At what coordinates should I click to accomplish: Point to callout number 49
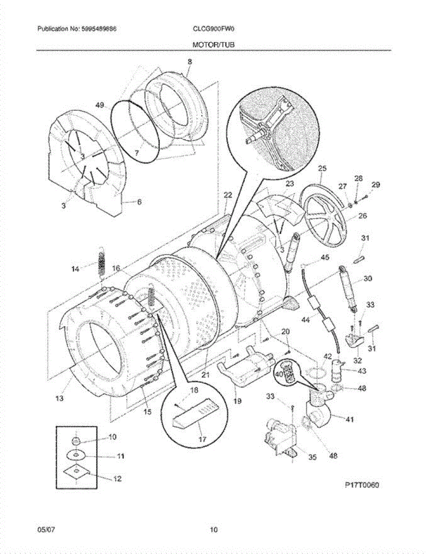100,105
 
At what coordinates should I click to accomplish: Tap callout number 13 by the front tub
60,398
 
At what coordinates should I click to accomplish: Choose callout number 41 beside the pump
349,419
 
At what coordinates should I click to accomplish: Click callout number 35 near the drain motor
312,458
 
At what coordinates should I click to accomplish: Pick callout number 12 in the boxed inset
117,479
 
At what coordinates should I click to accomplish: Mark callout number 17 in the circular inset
202,440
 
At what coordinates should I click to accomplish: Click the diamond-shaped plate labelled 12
78,471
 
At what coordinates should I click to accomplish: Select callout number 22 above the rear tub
227,195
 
